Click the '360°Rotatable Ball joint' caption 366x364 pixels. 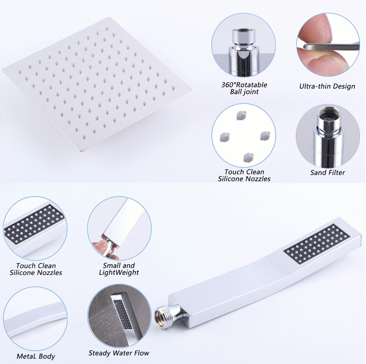[x=244, y=88]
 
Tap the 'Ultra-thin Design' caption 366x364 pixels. [x=327, y=86]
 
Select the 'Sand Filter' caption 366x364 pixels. [x=327, y=173]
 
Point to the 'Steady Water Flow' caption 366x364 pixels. [x=119, y=353]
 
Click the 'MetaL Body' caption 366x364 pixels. [x=36, y=356]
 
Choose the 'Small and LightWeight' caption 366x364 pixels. [x=119, y=269]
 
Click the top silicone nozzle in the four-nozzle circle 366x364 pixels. [x=241, y=115]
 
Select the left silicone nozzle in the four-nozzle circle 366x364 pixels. [x=225, y=137]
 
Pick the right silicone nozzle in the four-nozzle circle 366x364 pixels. [x=265, y=136]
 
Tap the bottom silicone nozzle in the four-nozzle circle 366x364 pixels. [x=249, y=157]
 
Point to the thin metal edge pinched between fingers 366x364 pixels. [x=332, y=46]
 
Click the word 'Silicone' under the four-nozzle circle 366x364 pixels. [x=231, y=179]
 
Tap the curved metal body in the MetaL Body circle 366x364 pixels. [x=35, y=320]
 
